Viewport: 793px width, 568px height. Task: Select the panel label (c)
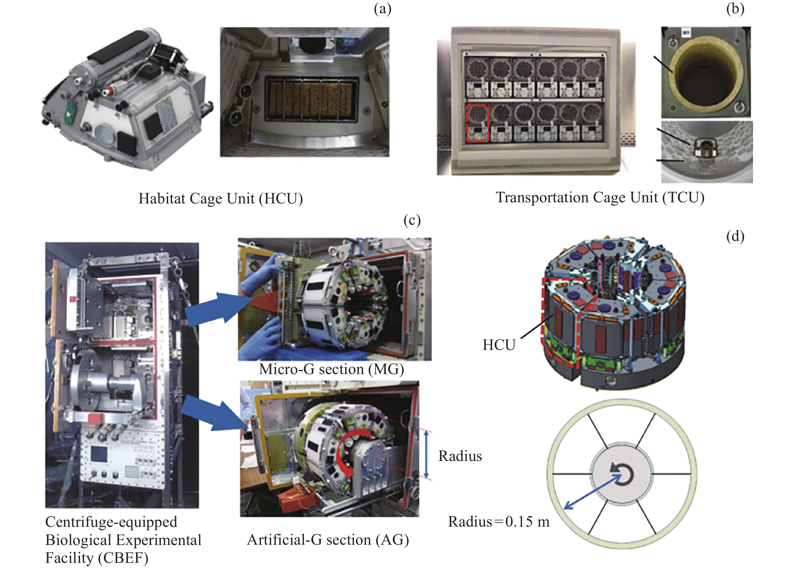(412, 220)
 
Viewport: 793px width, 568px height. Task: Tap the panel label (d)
(735, 237)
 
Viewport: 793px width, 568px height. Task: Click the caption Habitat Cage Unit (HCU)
(220, 198)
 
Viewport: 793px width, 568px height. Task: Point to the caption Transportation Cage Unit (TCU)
(600, 197)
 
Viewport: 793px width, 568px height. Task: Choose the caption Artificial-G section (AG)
(328, 540)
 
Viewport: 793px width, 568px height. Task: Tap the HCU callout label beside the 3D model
(499, 345)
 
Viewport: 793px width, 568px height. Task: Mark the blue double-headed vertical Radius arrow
(426, 454)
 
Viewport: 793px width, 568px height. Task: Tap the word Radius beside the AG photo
(460, 456)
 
